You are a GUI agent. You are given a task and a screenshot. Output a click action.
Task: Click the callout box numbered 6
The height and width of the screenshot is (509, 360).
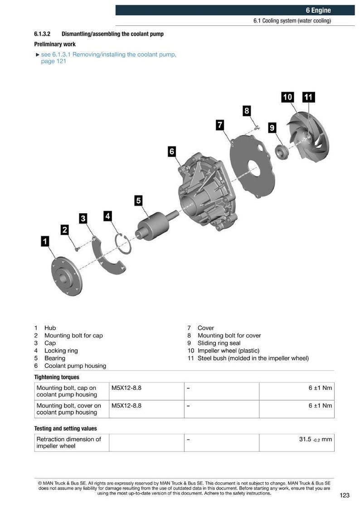(172, 151)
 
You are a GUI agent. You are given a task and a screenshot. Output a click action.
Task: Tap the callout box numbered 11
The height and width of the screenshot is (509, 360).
(308, 97)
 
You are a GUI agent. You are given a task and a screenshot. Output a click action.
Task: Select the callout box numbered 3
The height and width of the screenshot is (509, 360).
(83, 218)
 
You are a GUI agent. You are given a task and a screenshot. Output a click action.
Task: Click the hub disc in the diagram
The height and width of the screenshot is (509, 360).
(67, 276)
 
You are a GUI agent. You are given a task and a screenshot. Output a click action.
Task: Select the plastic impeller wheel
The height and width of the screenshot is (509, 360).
(308, 137)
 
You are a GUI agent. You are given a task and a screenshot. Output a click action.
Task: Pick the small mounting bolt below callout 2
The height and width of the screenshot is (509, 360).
(77, 250)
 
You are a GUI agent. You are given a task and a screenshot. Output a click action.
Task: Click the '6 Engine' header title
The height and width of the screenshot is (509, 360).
(318, 10)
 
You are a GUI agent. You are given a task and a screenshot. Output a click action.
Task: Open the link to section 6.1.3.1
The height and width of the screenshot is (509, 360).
(108, 58)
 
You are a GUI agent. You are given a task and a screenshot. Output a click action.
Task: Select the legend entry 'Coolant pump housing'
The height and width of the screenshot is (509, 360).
(75, 366)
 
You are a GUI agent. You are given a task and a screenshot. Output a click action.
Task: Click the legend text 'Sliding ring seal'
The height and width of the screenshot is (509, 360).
(219, 343)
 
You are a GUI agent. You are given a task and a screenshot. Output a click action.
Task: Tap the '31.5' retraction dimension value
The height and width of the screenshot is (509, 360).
(305, 439)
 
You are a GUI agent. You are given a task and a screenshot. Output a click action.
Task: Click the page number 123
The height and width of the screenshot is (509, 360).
(345, 495)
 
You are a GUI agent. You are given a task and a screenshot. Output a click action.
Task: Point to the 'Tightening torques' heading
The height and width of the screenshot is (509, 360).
(57, 377)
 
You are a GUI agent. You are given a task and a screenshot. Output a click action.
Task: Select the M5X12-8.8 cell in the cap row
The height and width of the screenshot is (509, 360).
(126, 388)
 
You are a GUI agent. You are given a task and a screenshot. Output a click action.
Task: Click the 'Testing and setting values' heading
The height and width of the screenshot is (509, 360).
(65, 429)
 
